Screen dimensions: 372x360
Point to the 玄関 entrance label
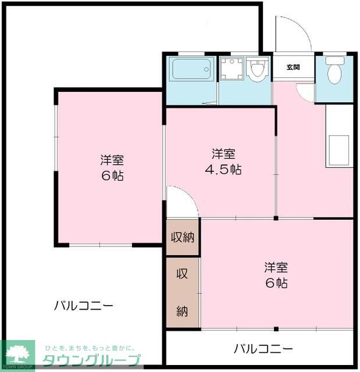293,67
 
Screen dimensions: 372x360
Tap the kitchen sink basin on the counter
339,151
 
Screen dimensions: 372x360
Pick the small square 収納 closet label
183,238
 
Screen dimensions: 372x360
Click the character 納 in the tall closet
183,311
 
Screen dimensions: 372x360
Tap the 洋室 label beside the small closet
276,268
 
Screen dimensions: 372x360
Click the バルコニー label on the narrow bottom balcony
263,349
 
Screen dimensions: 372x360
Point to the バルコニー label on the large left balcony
84,305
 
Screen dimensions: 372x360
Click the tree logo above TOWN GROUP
17,353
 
